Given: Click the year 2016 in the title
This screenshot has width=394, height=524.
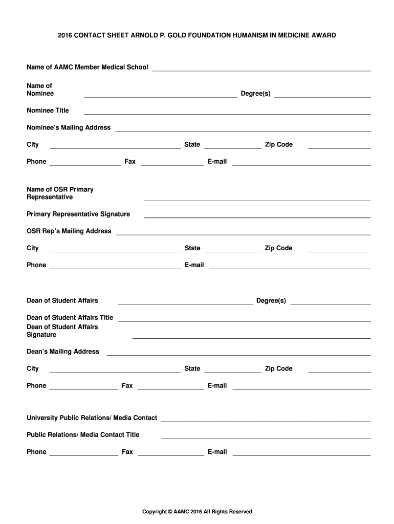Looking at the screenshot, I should [65, 35].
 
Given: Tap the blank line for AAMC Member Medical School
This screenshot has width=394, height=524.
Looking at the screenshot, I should [261, 71].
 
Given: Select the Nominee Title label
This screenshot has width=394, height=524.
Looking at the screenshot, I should [48, 111].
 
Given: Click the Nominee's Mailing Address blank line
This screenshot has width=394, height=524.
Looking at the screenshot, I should [243, 131].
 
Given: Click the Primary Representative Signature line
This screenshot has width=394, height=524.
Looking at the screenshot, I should [257, 217].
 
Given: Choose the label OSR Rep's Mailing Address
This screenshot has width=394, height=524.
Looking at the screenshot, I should [69, 231].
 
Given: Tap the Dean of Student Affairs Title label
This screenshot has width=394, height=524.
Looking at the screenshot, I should [70, 318].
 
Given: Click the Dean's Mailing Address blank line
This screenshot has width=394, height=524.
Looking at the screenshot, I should [238, 355].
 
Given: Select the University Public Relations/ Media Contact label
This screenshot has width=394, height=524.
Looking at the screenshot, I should [92, 418].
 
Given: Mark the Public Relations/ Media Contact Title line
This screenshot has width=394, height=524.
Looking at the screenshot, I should [266, 438].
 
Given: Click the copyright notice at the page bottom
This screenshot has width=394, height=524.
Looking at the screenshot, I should [197, 512].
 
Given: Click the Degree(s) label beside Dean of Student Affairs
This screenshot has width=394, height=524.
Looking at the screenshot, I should [271, 300].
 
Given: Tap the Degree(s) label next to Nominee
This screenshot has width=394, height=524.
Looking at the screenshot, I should [255, 94].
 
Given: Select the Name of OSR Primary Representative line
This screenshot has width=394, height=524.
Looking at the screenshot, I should [257, 200].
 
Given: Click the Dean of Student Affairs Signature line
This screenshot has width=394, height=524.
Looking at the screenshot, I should [251, 338].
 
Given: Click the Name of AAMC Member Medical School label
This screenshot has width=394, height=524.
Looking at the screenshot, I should [87, 68].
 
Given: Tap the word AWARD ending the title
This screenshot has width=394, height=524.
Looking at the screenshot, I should [324, 35].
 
